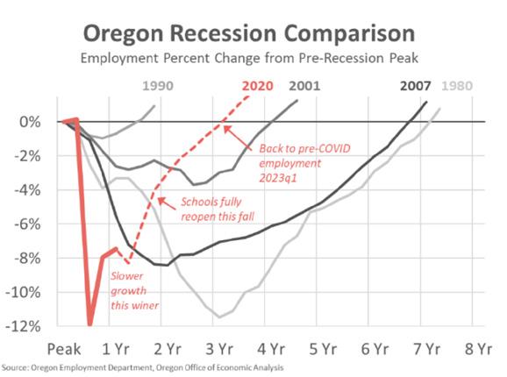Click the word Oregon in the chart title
123,34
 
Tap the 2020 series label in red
258,86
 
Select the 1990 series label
158,86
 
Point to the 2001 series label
304,86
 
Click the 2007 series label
416,86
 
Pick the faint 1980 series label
457,86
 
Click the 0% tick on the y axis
30,122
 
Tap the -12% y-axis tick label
24,327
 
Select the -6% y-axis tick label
27,224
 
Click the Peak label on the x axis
64,349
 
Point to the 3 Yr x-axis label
219,349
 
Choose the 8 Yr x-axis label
479,349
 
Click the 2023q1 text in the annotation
278,178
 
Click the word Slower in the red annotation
126,276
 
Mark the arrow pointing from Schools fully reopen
167,203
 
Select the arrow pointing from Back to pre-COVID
238,138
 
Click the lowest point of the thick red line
89,324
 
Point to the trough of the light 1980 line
220,317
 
